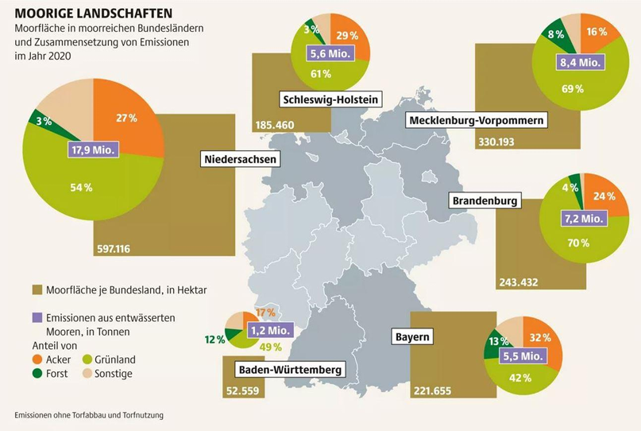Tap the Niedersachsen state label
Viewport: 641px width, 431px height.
click(x=240, y=159)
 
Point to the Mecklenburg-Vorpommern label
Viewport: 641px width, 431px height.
click(x=477, y=120)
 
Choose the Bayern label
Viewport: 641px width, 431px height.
click(x=412, y=337)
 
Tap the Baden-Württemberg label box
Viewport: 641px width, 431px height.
click(x=290, y=370)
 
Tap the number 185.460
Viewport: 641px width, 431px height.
click(x=275, y=125)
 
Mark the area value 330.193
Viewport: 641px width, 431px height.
click(x=496, y=143)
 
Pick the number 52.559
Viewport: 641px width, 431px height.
click(x=238, y=390)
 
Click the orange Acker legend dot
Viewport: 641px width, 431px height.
click(x=37, y=359)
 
